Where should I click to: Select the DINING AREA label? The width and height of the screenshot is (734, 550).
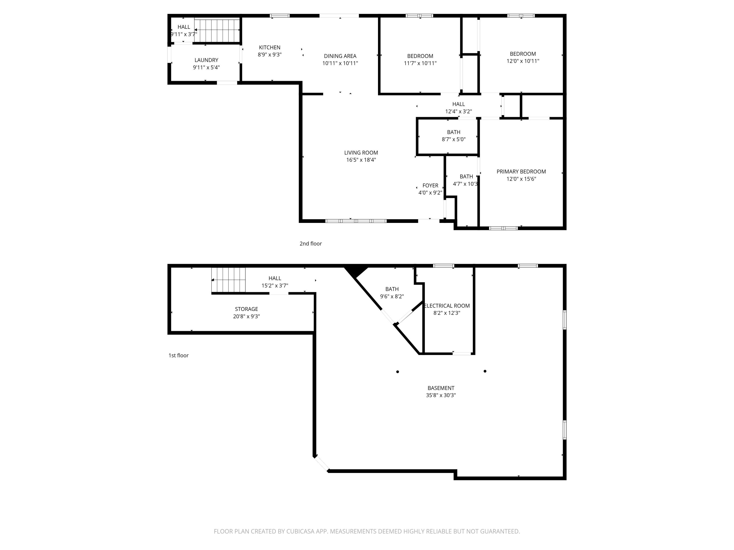click(x=340, y=56)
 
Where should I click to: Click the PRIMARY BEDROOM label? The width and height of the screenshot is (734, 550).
click(x=521, y=171)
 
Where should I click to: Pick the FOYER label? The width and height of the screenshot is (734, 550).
click(x=430, y=185)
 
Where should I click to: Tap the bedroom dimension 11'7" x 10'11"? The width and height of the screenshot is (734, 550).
click(x=420, y=63)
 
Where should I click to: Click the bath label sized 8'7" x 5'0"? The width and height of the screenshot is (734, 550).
click(x=453, y=132)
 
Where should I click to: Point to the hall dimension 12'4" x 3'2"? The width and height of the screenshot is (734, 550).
click(x=458, y=111)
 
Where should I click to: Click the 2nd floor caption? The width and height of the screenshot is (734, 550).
click(x=310, y=244)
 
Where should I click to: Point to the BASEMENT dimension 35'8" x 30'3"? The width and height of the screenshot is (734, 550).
click(x=441, y=395)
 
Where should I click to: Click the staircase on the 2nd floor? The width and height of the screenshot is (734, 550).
click(x=217, y=31)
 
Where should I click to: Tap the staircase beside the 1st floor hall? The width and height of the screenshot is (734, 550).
click(x=229, y=280)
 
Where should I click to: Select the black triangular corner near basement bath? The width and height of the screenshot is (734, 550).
click(x=355, y=271)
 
